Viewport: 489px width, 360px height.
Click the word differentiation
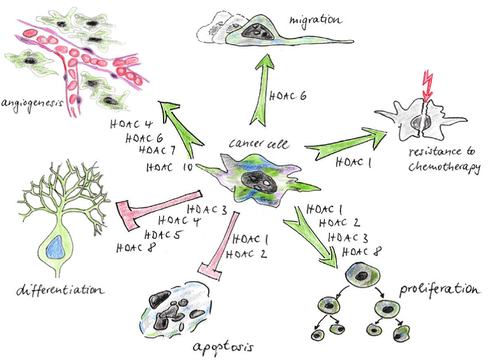click(58, 292)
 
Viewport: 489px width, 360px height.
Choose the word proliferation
click(440, 291)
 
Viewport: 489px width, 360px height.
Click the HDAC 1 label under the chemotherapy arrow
click(354, 162)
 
